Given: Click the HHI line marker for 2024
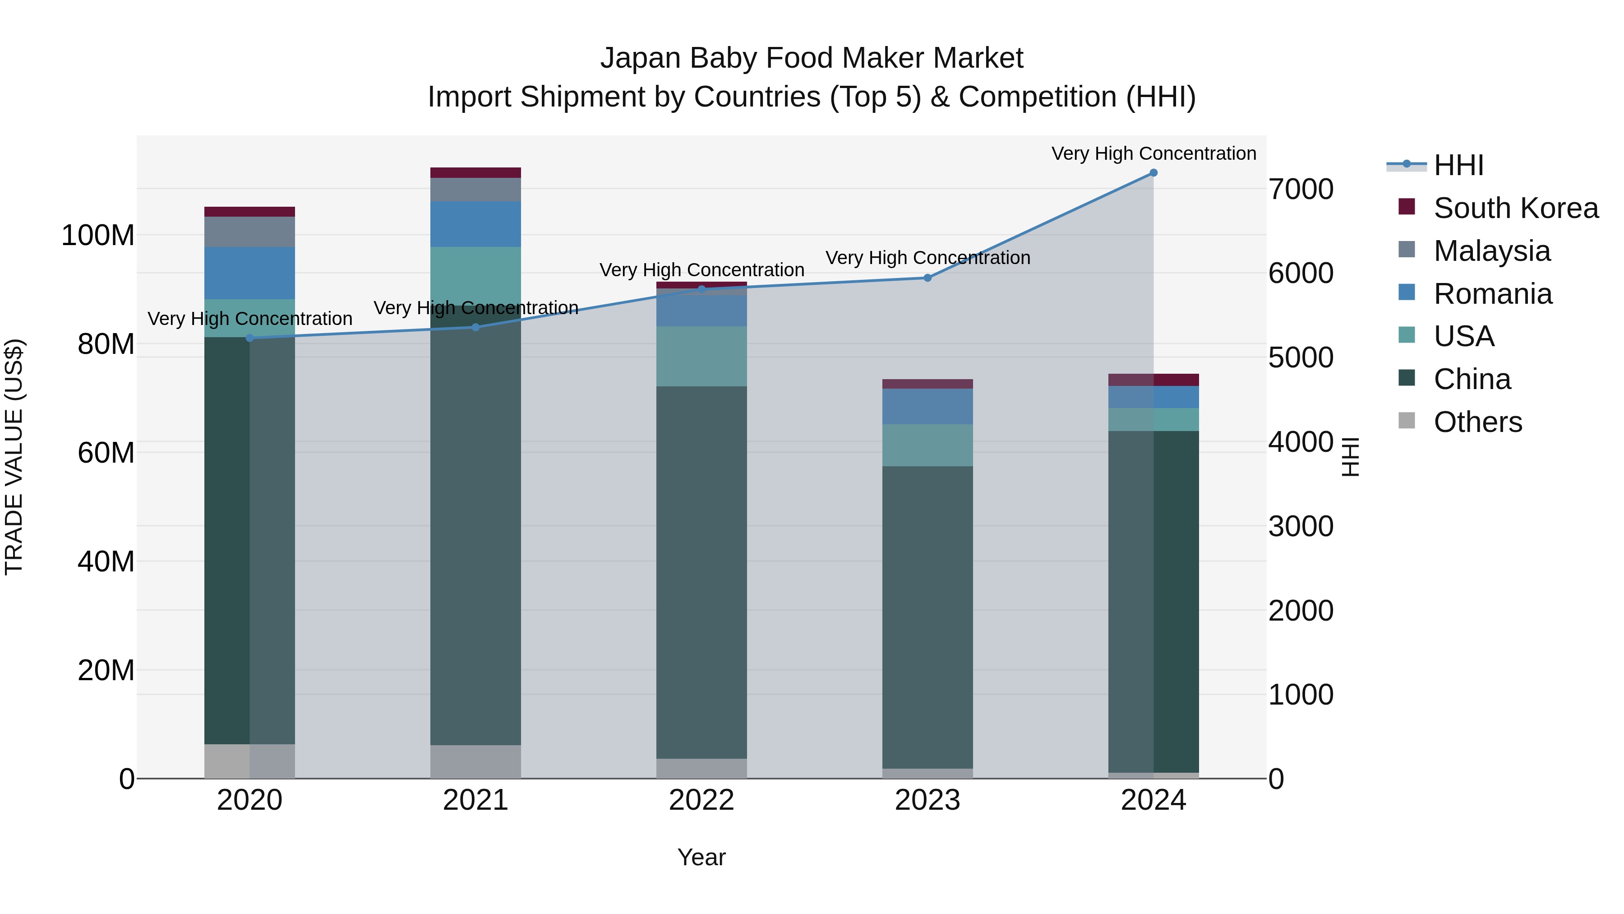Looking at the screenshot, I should [x=1153, y=173].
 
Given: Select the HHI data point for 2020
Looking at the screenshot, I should [x=249, y=338].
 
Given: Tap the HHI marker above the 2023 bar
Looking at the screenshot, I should [x=927, y=278].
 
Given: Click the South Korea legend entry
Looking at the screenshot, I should [x=1516, y=208].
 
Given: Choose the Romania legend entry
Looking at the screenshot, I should [x=1492, y=294].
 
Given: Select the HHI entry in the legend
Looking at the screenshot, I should [x=1458, y=165].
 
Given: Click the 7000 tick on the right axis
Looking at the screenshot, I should [x=1301, y=189].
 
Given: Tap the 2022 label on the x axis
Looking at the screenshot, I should [x=701, y=800].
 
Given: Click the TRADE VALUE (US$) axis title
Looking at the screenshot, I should [x=14, y=457].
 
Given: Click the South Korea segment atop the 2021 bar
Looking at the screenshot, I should [x=475, y=173].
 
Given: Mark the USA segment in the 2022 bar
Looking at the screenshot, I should [x=701, y=357].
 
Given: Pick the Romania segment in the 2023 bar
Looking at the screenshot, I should [x=927, y=407].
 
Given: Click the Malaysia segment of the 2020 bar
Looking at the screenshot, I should [x=249, y=232].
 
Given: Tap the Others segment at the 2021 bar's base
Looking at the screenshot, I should [x=475, y=761].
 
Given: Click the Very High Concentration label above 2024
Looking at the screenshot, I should [x=1153, y=154].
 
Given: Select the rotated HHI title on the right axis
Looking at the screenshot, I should [x=1350, y=457].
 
